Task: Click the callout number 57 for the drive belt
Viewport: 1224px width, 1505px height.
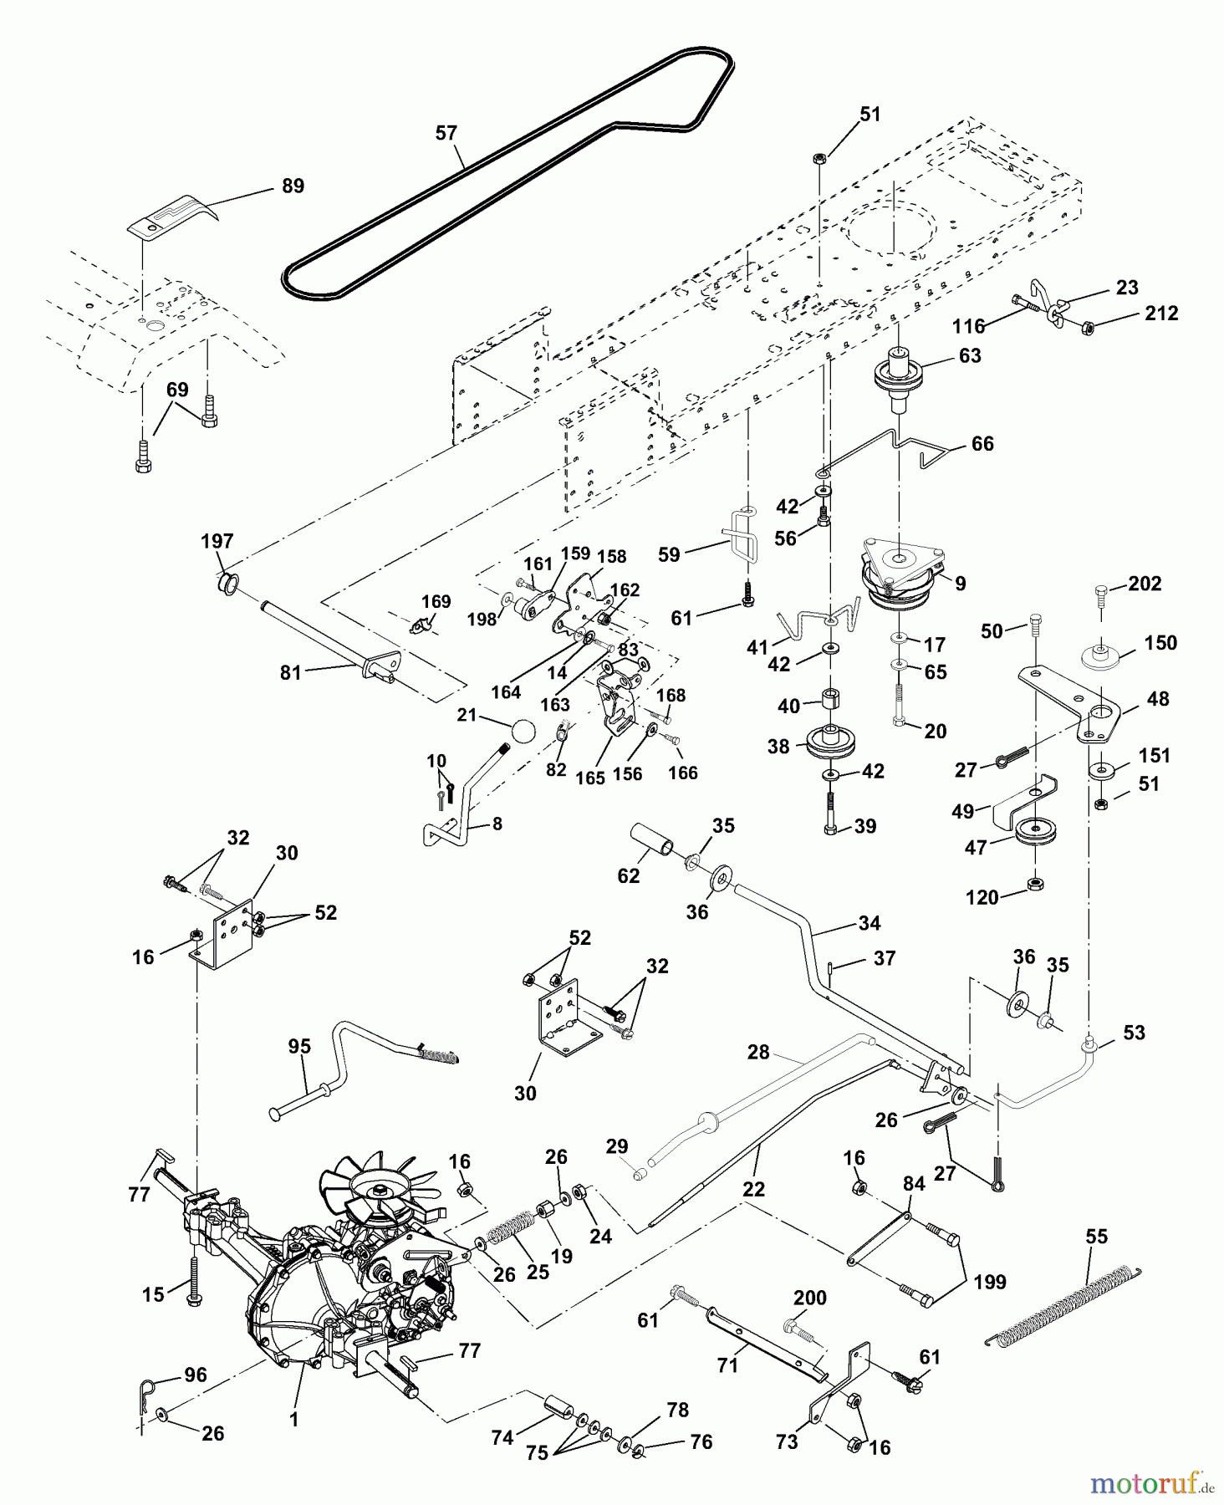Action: (x=446, y=133)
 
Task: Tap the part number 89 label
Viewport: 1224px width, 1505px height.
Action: (x=293, y=186)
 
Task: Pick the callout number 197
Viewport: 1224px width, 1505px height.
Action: (x=217, y=541)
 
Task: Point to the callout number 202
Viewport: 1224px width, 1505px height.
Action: (x=1145, y=584)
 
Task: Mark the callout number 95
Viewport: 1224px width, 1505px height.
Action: (x=299, y=1047)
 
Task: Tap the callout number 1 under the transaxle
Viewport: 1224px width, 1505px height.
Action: (x=293, y=1420)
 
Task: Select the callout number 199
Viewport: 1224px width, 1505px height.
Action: (x=990, y=1282)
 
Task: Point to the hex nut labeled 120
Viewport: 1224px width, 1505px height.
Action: (x=1035, y=884)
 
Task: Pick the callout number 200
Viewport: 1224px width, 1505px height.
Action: (x=809, y=1298)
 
